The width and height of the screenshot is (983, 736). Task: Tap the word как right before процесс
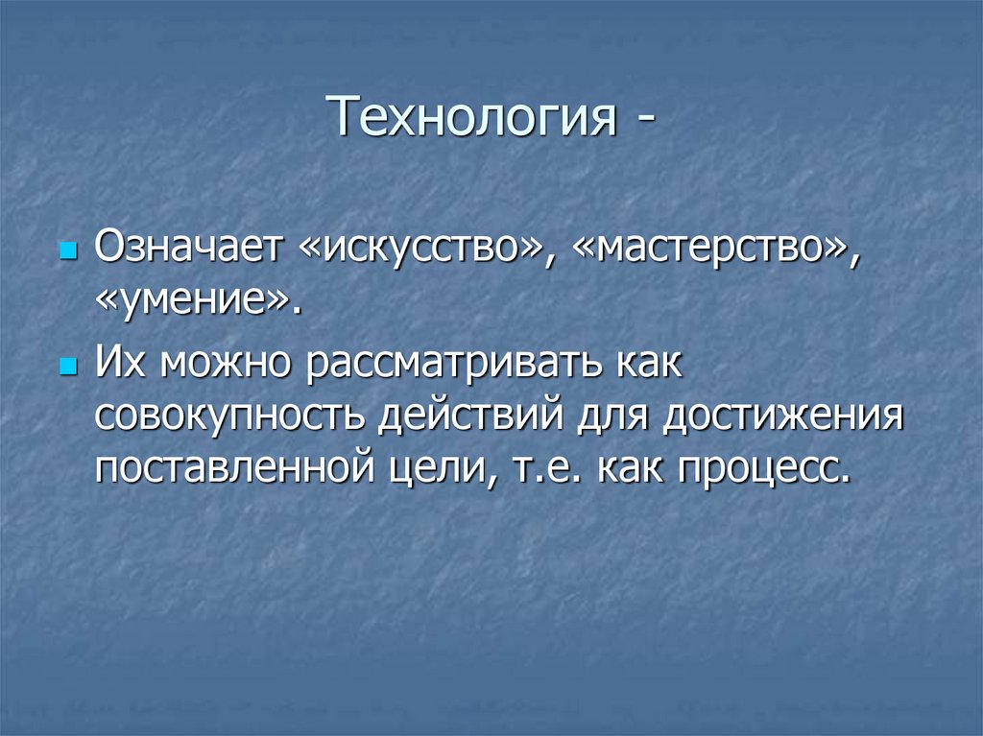click(x=635, y=469)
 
